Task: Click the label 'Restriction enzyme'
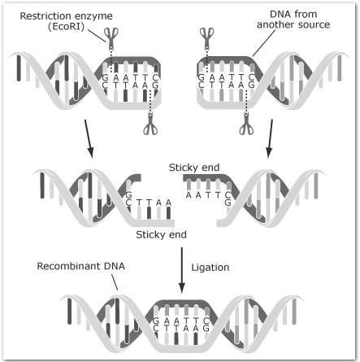pyautogui.click(x=67, y=16)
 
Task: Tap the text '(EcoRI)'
pyautogui.click(x=66, y=27)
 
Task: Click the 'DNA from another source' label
pyautogui.click(x=293, y=20)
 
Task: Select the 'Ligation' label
pyautogui.click(x=210, y=268)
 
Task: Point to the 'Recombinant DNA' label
pyautogui.click(x=80, y=266)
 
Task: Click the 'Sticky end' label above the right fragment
pyautogui.click(x=194, y=168)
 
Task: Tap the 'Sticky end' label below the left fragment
pyautogui.click(x=161, y=235)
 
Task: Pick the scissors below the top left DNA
pyautogui.click(x=150, y=124)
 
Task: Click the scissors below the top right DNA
pyautogui.click(x=246, y=124)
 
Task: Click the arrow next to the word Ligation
pyautogui.click(x=182, y=270)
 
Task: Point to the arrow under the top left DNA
pyautogui.click(x=89, y=139)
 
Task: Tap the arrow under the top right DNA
pyautogui.click(x=270, y=139)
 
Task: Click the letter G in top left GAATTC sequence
pyautogui.click(x=105, y=78)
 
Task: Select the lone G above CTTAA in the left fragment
pyautogui.click(x=128, y=195)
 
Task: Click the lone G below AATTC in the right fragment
pyautogui.click(x=228, y=203)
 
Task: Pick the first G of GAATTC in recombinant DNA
pyautogui.click(x=156, y=321)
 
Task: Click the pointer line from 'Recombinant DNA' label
pyautogui.click(x=115, y=282)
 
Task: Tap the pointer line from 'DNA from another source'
pyautogui.click(x=264, y=43)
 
